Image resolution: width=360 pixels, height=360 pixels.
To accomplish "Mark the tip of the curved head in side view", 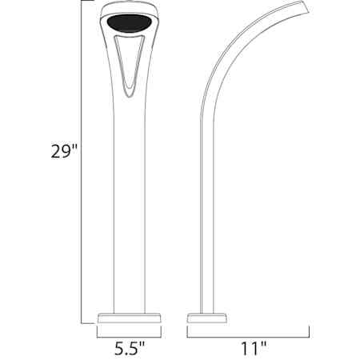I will [x=306, y=8].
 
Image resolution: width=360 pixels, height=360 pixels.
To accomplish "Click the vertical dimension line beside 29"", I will [x=81, y=160].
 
